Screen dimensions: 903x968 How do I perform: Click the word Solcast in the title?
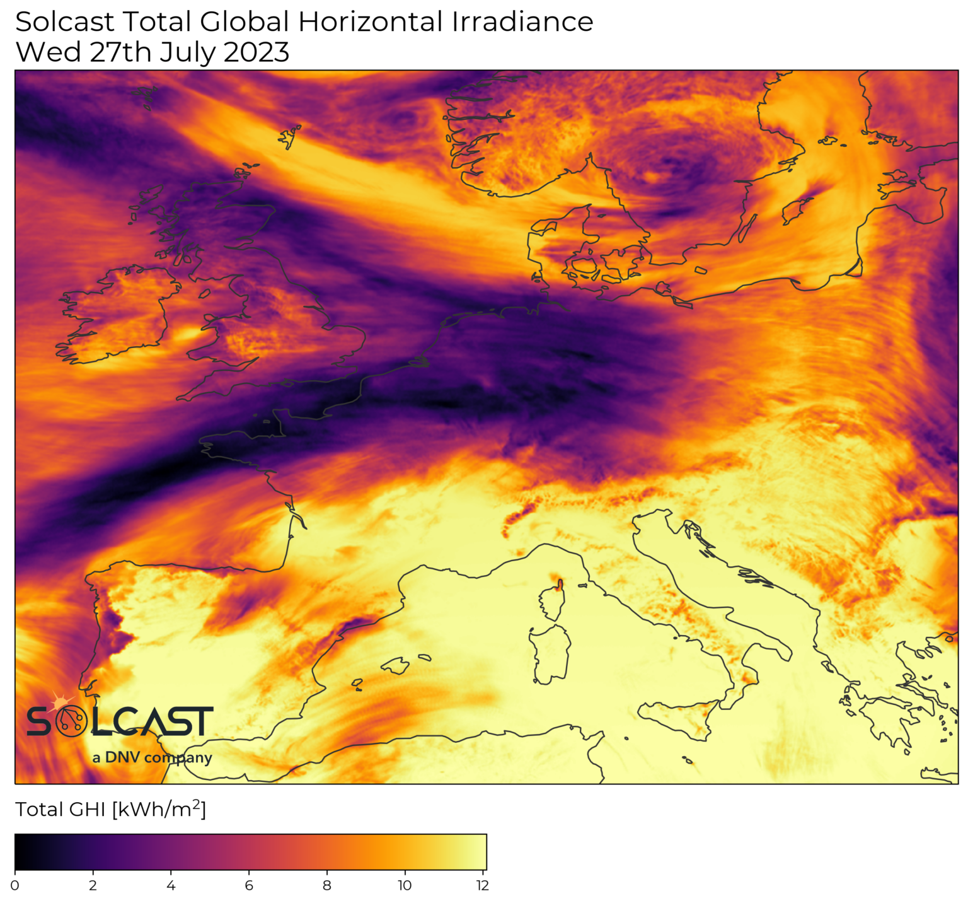[x=66, y=23]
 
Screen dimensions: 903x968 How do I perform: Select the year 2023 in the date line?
[x=256, y=52]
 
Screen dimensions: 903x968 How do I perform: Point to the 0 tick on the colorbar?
[x=15, y=885]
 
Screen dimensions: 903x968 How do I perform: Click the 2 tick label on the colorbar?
[x=93, y=885]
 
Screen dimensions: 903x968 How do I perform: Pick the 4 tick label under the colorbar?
[x=171, y=885]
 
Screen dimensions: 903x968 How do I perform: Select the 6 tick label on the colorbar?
[x=249, y=885]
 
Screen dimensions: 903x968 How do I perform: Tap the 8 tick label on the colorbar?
[x=326, y=885]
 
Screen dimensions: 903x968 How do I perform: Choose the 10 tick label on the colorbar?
[x=405, y=885]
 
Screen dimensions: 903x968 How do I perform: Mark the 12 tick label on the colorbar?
[x=482, y=885]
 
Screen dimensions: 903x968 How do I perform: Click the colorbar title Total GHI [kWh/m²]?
[x=110, y=810]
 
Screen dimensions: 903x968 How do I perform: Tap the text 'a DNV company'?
[x=152, y=757]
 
